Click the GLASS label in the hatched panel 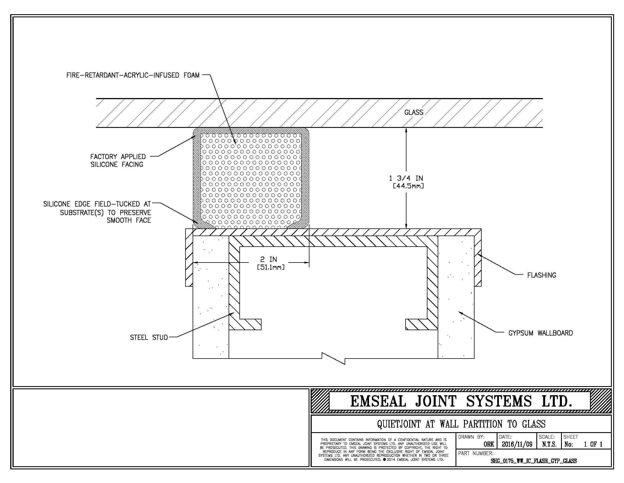point(414,113)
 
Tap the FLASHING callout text point(542,275)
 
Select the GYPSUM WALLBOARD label point(541,333)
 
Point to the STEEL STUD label point(149,338)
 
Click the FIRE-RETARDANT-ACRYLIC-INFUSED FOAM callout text point(133,75)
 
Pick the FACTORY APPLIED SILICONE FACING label point(118,161)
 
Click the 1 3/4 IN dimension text point(406,178)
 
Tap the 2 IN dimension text point(269,259)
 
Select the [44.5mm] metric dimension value point(408,186)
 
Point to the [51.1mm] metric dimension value point(271,267)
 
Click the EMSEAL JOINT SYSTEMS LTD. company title point(461,401)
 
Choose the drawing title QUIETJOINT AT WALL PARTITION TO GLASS point(461,424)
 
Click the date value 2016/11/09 point(517,444)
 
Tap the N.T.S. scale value point(549,444)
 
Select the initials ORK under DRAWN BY point(489,444)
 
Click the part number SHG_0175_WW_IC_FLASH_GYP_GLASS point(534,461)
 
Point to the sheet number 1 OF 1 point(593,444)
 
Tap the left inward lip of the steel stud point(250,324)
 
